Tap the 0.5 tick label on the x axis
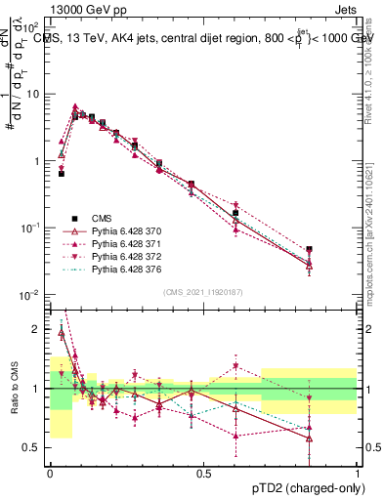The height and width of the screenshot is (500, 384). click(x=203, y=472)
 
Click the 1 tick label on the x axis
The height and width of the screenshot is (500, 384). click(x=357, y=472)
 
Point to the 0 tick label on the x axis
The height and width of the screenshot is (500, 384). click(x=50, y=472)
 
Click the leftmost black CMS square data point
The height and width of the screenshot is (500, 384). click(x=62, y=173)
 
